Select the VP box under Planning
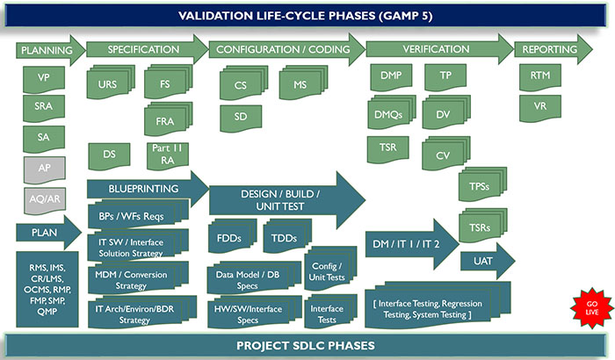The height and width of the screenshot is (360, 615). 43,79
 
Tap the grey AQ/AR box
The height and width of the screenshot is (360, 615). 43,199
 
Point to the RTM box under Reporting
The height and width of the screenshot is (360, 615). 540,78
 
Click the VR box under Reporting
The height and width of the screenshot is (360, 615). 540,108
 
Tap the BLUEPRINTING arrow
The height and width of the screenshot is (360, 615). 146,188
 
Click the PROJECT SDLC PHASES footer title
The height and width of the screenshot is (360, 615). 307,345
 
